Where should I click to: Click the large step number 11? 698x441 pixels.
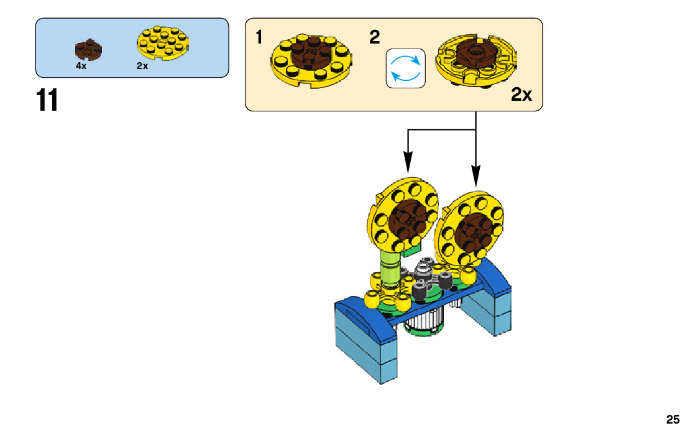pos(48,100)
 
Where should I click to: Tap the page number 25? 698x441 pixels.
pos(673,419)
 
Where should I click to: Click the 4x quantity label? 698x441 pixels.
pos(81,66)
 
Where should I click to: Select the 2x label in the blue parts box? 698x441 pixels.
pos(142,66)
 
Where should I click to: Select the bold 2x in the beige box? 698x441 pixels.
pos(521,95)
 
